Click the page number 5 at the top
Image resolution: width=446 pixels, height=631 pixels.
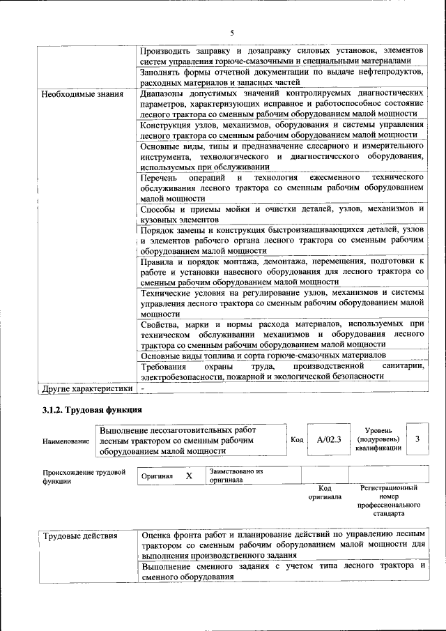pyautogui.click(x=232, y=31)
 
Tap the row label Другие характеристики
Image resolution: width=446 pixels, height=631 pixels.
pyautogui.click(x=86, y=388)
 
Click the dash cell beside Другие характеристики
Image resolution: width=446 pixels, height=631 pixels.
pyautogui.click(x=143, y=388)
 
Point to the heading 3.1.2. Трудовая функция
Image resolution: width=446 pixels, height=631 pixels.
pyautogui.click(x=93, y=410)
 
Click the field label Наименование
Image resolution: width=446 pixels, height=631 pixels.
pyautogui.click(x=66, y=441)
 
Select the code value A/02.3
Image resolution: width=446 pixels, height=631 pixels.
pyautogui.click(x=328, y=439)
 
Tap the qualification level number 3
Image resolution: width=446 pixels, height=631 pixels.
pyautogui.click(x=417, y=439)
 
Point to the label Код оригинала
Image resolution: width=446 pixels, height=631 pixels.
pyautogui.click(x=324, y=492)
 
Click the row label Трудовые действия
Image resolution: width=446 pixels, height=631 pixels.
pyautogui.click(x=80, y=536)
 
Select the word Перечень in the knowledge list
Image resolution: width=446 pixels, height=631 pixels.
pyautogui.click(x=160, y=178)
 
